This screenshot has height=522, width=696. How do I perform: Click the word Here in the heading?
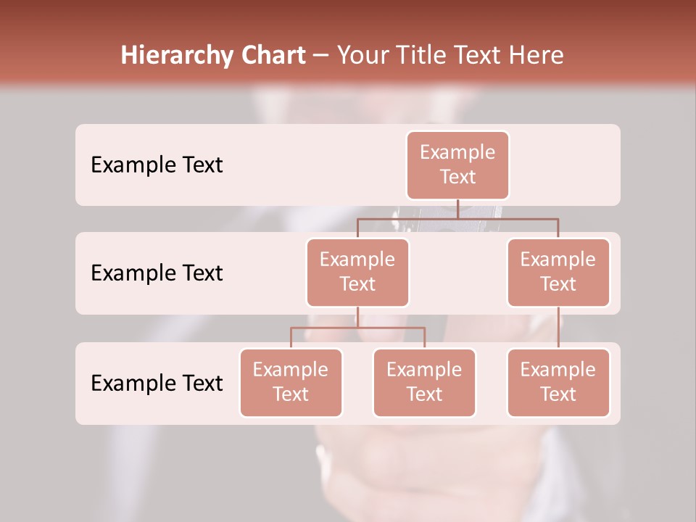click(536, 56)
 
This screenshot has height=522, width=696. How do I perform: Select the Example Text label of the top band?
click(157, 165)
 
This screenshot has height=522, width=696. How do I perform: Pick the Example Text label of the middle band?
click(157, 273)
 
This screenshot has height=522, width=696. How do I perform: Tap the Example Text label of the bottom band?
click(157, 383)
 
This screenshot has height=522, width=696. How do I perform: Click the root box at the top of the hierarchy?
click(457, 165)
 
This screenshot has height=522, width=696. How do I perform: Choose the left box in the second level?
click(357, 273)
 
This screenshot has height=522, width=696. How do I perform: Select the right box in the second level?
click(558, 273)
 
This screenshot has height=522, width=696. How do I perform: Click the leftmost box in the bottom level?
click(291, 383)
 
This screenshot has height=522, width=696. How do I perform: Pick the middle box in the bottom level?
click(424, 383)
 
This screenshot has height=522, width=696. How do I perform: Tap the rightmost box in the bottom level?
click(558, 383)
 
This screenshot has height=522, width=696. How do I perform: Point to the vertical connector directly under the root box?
click(457, 209)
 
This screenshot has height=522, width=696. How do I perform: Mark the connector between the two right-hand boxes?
click(558, 328)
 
